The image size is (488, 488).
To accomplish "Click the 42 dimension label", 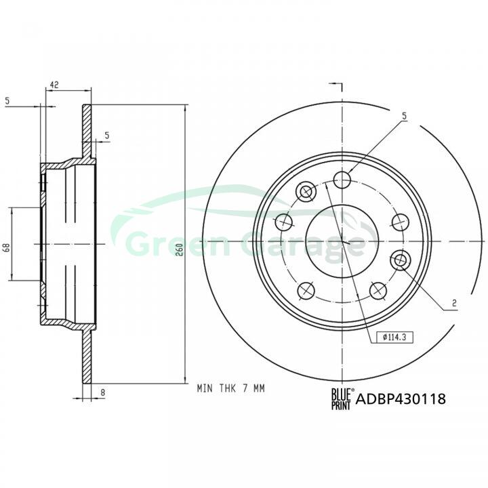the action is coord(54,85).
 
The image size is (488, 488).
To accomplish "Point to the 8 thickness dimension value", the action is coord(103,392).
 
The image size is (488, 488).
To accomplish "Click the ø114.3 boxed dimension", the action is coord(394,337).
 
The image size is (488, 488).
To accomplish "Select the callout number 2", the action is coord(454,303).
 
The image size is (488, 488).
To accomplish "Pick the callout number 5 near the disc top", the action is coord(404,116).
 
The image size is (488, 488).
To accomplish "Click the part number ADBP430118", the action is coord(401,399).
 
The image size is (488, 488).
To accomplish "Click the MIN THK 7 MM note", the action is coord(230,388).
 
